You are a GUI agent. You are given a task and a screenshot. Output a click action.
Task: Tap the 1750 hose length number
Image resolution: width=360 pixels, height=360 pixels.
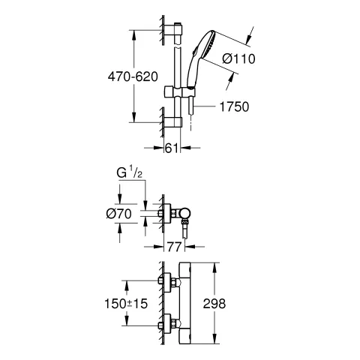click(x=232, y=107)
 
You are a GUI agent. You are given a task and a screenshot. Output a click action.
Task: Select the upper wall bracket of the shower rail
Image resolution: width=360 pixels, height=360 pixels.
click(x=177, y=30)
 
